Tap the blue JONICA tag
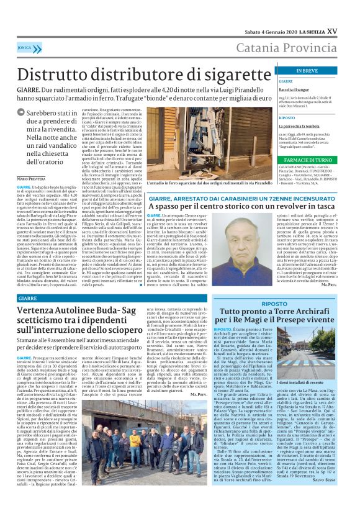[x=25, y=47]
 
